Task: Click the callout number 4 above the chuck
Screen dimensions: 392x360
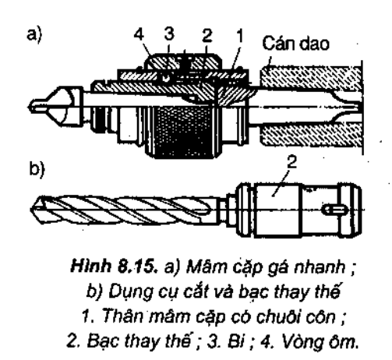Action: click(x=139, y=34)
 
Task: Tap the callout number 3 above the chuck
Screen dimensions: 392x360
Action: click(x=169, y=34)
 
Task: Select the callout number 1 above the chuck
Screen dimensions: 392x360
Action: click(x=239, y=36)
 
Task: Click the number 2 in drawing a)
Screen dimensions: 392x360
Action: click(x=207, y=35)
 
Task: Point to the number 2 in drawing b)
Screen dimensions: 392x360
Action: click(x=291, y=162)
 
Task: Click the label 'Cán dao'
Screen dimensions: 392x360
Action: click(x=296, y=44)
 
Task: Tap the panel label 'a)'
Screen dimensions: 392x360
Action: click(x=34, y=34)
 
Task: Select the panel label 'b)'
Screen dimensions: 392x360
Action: click(x=37, y=169)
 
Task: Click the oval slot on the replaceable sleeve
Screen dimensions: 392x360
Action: click(x=335, y=210)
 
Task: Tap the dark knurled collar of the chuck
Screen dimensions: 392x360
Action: click(x=183, y=131)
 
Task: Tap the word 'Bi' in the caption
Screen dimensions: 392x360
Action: click(x=235, y=341)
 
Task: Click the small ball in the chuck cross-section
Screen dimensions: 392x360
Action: click(x=167, y=77)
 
